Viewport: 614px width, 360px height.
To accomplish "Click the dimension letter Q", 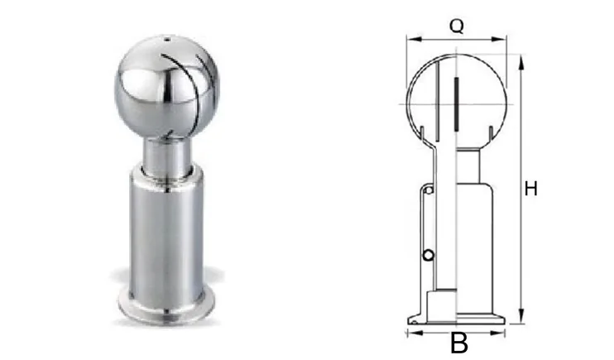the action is pos(457,26).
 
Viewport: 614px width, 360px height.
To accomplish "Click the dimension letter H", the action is pos(530,189).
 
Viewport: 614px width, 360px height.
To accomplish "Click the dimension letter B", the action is pos(459,343).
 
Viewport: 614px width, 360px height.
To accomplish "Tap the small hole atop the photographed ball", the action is pos(167,39).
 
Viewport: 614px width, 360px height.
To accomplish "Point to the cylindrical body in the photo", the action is pos(166,231).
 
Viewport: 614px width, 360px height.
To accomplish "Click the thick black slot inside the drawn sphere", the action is pos(456,104).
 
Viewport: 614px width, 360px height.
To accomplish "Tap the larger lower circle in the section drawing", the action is pos(429,256).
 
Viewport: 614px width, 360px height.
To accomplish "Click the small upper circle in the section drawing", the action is pos(429,191).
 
